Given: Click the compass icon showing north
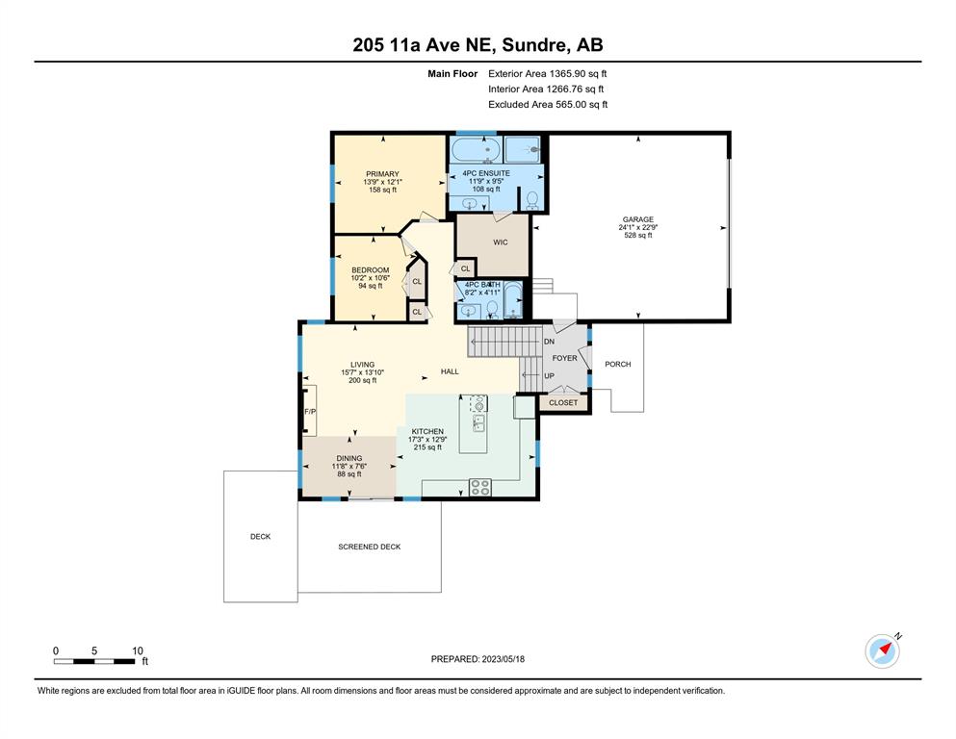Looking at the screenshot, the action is point(882,650).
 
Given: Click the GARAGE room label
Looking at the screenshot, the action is point(637,219).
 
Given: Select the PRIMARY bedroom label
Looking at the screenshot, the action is point(382,173).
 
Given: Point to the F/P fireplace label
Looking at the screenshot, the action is point(310,412).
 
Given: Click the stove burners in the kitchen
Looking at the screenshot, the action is point(479,487).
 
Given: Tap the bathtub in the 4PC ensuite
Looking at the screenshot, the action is point(476,149).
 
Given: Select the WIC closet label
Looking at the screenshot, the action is point(501,242).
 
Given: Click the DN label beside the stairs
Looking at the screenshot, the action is point(549,342).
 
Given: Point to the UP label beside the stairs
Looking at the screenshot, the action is point(549,376).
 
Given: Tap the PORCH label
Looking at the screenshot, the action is point(618,364).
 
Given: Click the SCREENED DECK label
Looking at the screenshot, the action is point(370,547).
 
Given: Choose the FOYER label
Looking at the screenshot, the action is point(564,358).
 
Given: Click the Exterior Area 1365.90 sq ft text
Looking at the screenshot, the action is point(548,74).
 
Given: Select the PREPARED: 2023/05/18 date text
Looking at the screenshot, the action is point(478,658).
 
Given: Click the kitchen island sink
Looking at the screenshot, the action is point(478,422).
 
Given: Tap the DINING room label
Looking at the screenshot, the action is point(349,458).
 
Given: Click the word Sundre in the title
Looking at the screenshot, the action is point(534,44).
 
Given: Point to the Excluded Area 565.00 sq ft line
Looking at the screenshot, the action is point(548,104).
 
